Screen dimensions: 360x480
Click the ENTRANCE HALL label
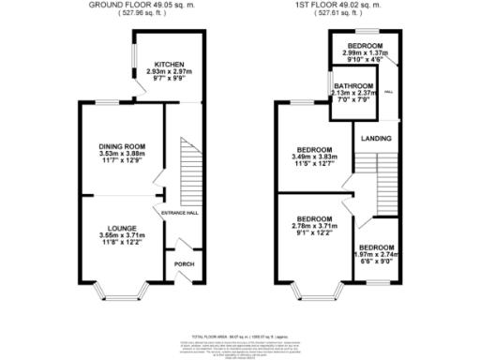click(x=180, y=214)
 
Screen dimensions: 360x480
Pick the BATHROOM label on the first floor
click(x=353, y=86)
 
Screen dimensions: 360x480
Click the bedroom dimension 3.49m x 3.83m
click(x=315, y=158)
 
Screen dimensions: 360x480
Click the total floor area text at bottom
click(x=240, y=335)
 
